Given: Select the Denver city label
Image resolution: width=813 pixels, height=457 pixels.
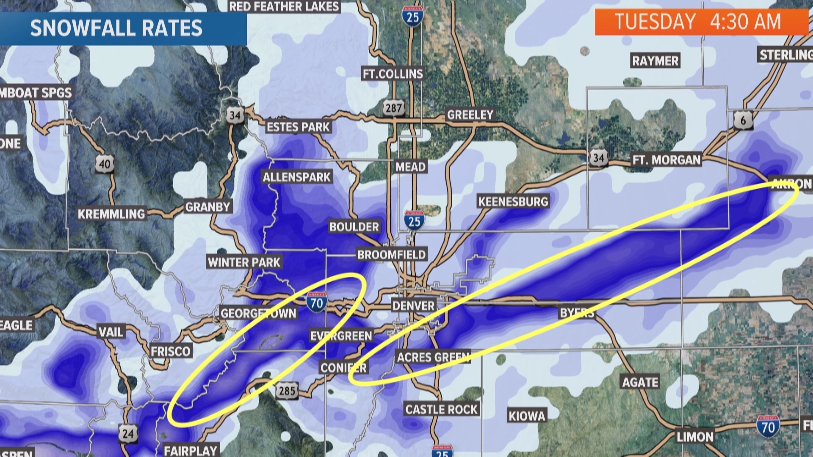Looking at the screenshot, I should click(x=413, y=306).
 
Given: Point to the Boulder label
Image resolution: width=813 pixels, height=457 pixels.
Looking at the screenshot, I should click(x=354, y=227).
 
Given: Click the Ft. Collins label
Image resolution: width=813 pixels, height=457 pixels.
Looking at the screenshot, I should click(x=393, y=74).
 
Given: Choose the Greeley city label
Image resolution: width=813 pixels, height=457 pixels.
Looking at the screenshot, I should click(x=470, y=115).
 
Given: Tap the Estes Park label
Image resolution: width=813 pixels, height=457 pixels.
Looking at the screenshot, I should click(x=298, y=127).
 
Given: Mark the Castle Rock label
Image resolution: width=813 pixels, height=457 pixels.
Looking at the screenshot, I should click(x=441, y=409).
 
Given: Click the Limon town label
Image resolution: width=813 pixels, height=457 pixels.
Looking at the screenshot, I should click(x=695, y=437).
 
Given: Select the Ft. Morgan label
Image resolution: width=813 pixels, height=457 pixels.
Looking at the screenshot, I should click(x=666, y=160).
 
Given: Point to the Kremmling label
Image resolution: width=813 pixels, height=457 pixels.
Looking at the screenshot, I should click(x=111, y=214).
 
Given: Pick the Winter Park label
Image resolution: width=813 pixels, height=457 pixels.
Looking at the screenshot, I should click(x=244, y=262).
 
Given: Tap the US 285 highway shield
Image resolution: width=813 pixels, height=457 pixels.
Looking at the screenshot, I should click(x=287, y=390).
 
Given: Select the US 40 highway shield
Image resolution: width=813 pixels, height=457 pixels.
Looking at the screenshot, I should click(x=105, y=164).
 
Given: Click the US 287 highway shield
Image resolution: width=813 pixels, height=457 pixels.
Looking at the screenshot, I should click(x=393, y=108).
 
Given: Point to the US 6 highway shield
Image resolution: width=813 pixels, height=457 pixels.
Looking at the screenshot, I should click(x=743, y=121).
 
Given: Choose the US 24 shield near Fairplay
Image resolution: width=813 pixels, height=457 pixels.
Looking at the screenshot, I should click(x=128, y=433).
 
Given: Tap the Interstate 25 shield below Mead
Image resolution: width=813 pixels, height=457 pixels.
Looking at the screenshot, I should click(x=414, y=220).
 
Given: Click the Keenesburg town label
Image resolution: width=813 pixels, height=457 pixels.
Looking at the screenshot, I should click(x=513, y=201).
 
